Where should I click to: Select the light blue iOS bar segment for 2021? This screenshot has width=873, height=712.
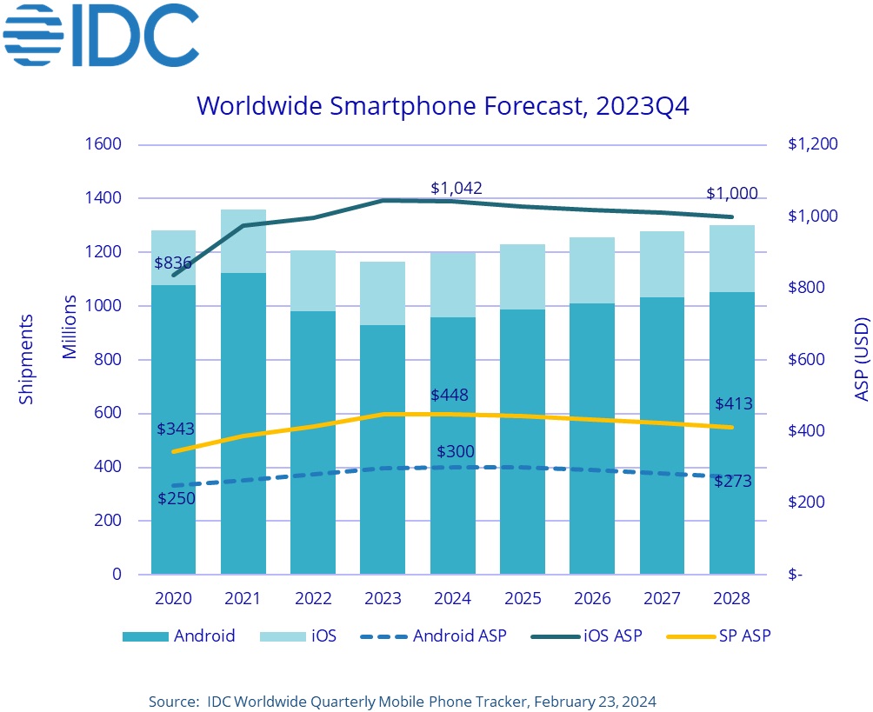[x=243, y=241]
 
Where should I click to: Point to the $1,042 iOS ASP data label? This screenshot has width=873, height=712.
[x=456, y=189]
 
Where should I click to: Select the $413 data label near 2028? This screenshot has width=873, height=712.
[x=734, y=403]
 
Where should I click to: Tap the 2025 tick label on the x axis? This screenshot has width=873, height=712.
[x=523, y=599]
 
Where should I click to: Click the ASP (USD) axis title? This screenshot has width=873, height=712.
[x=861, y=359]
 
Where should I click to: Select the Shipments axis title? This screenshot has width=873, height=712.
[x=26, y=359]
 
